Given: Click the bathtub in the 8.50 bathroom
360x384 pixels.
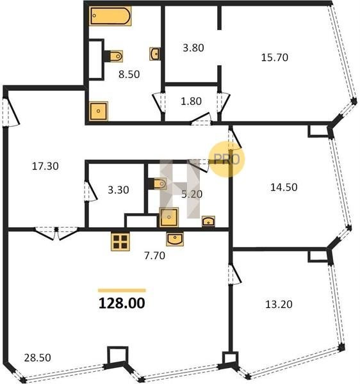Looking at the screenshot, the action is [x=110, y=16].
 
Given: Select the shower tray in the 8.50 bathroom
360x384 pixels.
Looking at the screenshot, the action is [x=99, y=111].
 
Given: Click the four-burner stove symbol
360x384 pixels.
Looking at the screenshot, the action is [x=120, y=241].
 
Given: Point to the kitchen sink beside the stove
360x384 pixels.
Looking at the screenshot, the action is [x=174, y=239].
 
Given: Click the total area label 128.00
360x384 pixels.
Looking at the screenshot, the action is [x=122, y=303].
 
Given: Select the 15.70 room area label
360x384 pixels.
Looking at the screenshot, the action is [x=274, y=58].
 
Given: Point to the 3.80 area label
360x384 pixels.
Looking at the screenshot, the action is [x=193, y=48].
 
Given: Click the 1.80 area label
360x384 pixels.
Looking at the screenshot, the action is [x=191, y=101].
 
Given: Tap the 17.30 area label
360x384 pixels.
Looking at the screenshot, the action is [x=45, y=166].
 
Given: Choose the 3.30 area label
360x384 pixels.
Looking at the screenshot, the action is [x=119, y=190].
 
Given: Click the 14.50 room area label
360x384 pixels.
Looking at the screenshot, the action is [x=284, y=188].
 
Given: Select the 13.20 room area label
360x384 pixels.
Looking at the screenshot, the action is [x=279, y=305].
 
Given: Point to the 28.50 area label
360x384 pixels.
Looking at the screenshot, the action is [x=38, y=358].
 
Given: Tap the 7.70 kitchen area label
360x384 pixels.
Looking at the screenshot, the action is [x=154, y=255].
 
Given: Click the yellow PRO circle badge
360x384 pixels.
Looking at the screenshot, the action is [x=227, y=159].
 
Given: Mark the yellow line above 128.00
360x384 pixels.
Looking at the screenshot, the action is [x=122, y=291].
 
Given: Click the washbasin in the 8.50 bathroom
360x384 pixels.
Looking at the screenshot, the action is [x=155, y=54].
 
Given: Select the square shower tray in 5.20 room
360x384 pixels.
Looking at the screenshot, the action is [x=169, y=217].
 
